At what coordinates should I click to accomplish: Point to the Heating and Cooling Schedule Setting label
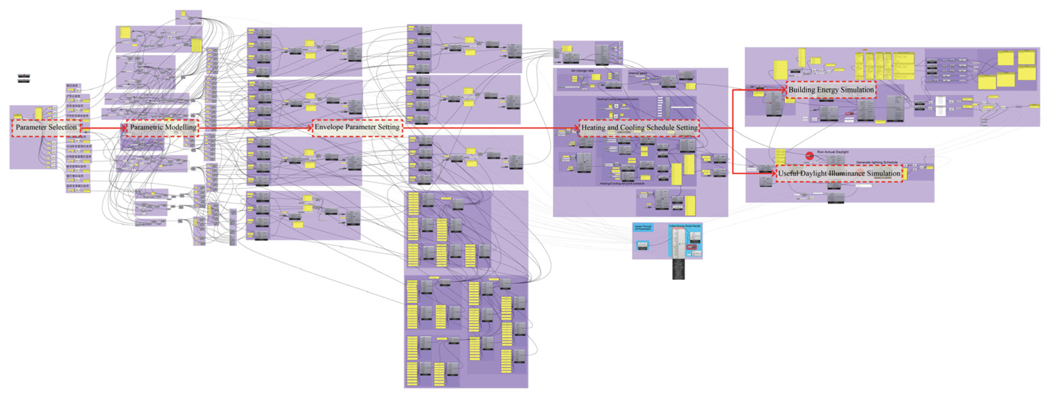point(639,128)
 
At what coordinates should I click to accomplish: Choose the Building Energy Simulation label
point(831,90)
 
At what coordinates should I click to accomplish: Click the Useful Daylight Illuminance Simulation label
point(839,174)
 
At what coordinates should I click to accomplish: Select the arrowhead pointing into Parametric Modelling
point(124,128)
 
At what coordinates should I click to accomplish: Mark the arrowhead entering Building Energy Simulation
point(783,90)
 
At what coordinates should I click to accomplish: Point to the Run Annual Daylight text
point(833,152)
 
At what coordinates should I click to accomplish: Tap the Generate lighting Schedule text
point(877,162)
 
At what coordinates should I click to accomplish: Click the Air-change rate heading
point(582,71)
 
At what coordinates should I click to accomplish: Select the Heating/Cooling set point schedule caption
point(622,184)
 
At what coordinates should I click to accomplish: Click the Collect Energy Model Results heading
point(685,226)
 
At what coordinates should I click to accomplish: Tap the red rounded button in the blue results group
point(691,247)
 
